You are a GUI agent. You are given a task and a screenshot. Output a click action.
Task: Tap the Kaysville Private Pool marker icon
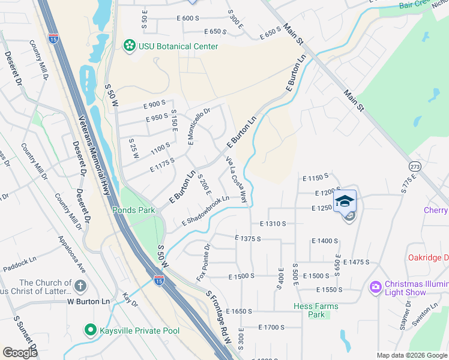(90, 329)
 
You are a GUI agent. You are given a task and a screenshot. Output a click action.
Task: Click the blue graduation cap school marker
(345, 201)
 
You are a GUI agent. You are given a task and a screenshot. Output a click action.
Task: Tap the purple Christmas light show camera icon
(375, 288)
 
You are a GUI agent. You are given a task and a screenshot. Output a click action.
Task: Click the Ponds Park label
(133, 210)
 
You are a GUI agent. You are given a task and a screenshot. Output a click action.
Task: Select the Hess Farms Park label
(316, 310)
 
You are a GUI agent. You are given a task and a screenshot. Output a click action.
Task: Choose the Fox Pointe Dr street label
(203, 263)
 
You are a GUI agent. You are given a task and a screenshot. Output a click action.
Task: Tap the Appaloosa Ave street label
(71, 254)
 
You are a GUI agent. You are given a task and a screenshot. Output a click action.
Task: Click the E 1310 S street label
(273, 223)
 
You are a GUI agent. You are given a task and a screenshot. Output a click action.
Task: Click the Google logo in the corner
(20, 353)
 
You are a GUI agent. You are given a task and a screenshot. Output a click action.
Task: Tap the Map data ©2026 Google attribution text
(412, 355)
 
